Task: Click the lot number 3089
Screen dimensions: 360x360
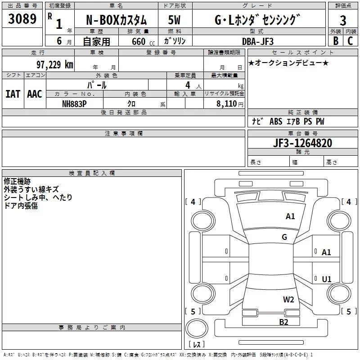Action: pyautogui.click(x=22, y=19)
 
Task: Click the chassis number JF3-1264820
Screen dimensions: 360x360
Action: pyautogui.click(x=302, y=143)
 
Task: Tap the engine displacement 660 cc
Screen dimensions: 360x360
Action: pyautogui.click(x=137, y=41)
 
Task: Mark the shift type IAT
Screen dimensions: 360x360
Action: pyautogui.click(x=13, y=94)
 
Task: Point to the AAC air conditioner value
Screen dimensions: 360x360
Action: pyautogui.click(x=35, y=94)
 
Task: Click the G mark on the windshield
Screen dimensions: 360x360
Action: pyautogui.click(x=284, y=237)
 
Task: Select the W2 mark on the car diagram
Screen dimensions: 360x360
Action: pyautogui.click(x=288, y=300)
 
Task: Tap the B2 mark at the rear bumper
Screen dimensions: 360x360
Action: pyautogui.click(x=283, y=321)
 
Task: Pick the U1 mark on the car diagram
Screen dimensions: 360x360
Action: pyautogui.click(x=326, y=279)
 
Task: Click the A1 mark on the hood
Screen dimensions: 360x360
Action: pyautogui.click(x=290, y=216)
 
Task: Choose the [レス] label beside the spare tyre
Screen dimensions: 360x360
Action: pyautogui.click(x=197, y=344)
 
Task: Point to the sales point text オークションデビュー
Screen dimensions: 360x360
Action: pyautogui.click(x=288, y=63)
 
